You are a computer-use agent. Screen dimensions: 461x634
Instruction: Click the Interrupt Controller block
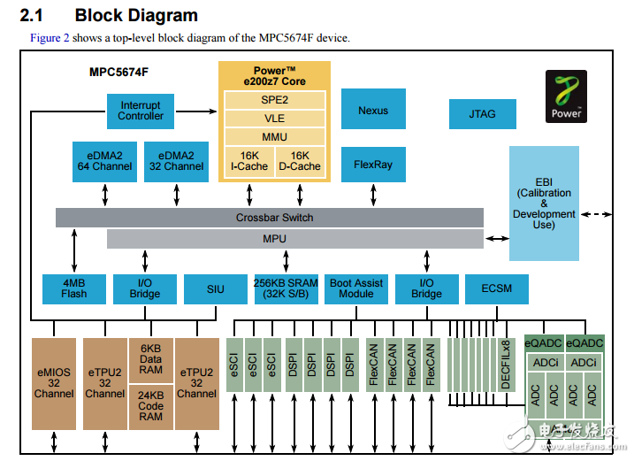pyautogui.click(x=141, y=111)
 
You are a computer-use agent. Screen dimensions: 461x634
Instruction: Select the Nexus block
pyautogui.click(x=373, y=111)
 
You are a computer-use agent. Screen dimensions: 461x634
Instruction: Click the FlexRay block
pyautogui.click(x=373, y=164)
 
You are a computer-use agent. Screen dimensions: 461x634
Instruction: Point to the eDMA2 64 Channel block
pyautogui.click(x=104, y=160)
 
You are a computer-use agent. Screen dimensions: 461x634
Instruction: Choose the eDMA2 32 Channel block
pyautogui.click(x=177, y=160)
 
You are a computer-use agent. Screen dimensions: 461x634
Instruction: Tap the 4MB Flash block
pyautogui.click(x=73, y=288)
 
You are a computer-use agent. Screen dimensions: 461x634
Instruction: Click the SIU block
pyautogui.click(x=215, y=288)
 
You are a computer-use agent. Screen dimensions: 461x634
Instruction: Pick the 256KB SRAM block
pyautogui.click(x=286, y=288)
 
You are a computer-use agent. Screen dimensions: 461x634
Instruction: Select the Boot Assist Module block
pyautogui.click(x=356, y=288)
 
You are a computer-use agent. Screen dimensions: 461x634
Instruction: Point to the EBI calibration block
pyautogui.click(x=544, y=204)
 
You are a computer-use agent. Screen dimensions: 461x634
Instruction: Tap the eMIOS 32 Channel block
pyautogui.click(x=54, y=383)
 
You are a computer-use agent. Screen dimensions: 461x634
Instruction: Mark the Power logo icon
pyautogui.click(x=567, y=96)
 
